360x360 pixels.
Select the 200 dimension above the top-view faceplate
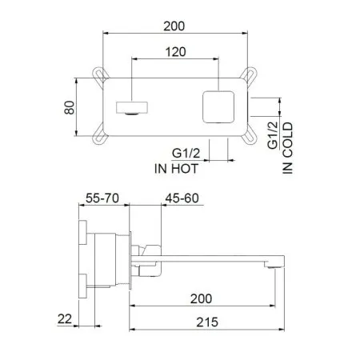pos(176,26)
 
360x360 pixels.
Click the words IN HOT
pos(177,168)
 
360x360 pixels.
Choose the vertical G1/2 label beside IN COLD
pos(273,137)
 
